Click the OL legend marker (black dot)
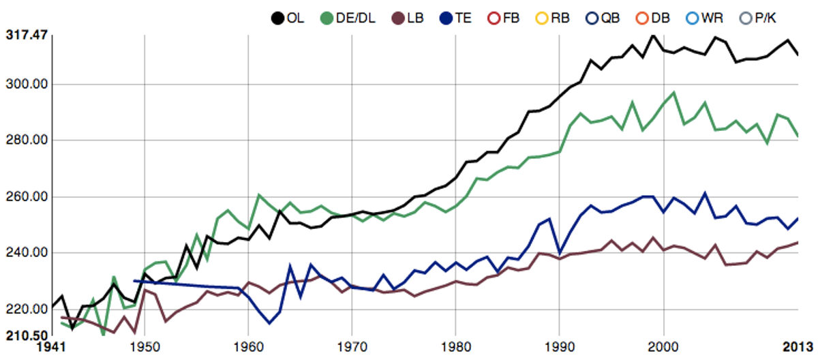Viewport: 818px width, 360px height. pos(277,18)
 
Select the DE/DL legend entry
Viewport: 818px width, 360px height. pos(348,18)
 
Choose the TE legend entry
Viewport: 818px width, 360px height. pos(456,18)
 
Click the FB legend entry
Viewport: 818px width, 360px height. pos(504,18)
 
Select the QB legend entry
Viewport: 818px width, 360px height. pos(603,18)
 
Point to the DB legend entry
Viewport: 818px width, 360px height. pos(653,18)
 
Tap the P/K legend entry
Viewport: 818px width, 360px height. pos(757,18)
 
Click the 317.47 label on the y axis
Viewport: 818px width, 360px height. pos(27,35)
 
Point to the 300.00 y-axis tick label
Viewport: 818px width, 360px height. pos(27,85)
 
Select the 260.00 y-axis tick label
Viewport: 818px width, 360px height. pos(27,197)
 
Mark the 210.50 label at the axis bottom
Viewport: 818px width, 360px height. pos(27,335)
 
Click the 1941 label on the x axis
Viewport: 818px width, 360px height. pos(51,347)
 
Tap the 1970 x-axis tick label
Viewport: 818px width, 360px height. pos(352,347)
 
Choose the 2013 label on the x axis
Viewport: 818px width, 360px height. pos(798,347)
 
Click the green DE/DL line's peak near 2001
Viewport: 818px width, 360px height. pos(673,92)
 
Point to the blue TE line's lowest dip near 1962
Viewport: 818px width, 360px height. pos(269,323)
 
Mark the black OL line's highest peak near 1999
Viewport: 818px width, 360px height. pos(653,35)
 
